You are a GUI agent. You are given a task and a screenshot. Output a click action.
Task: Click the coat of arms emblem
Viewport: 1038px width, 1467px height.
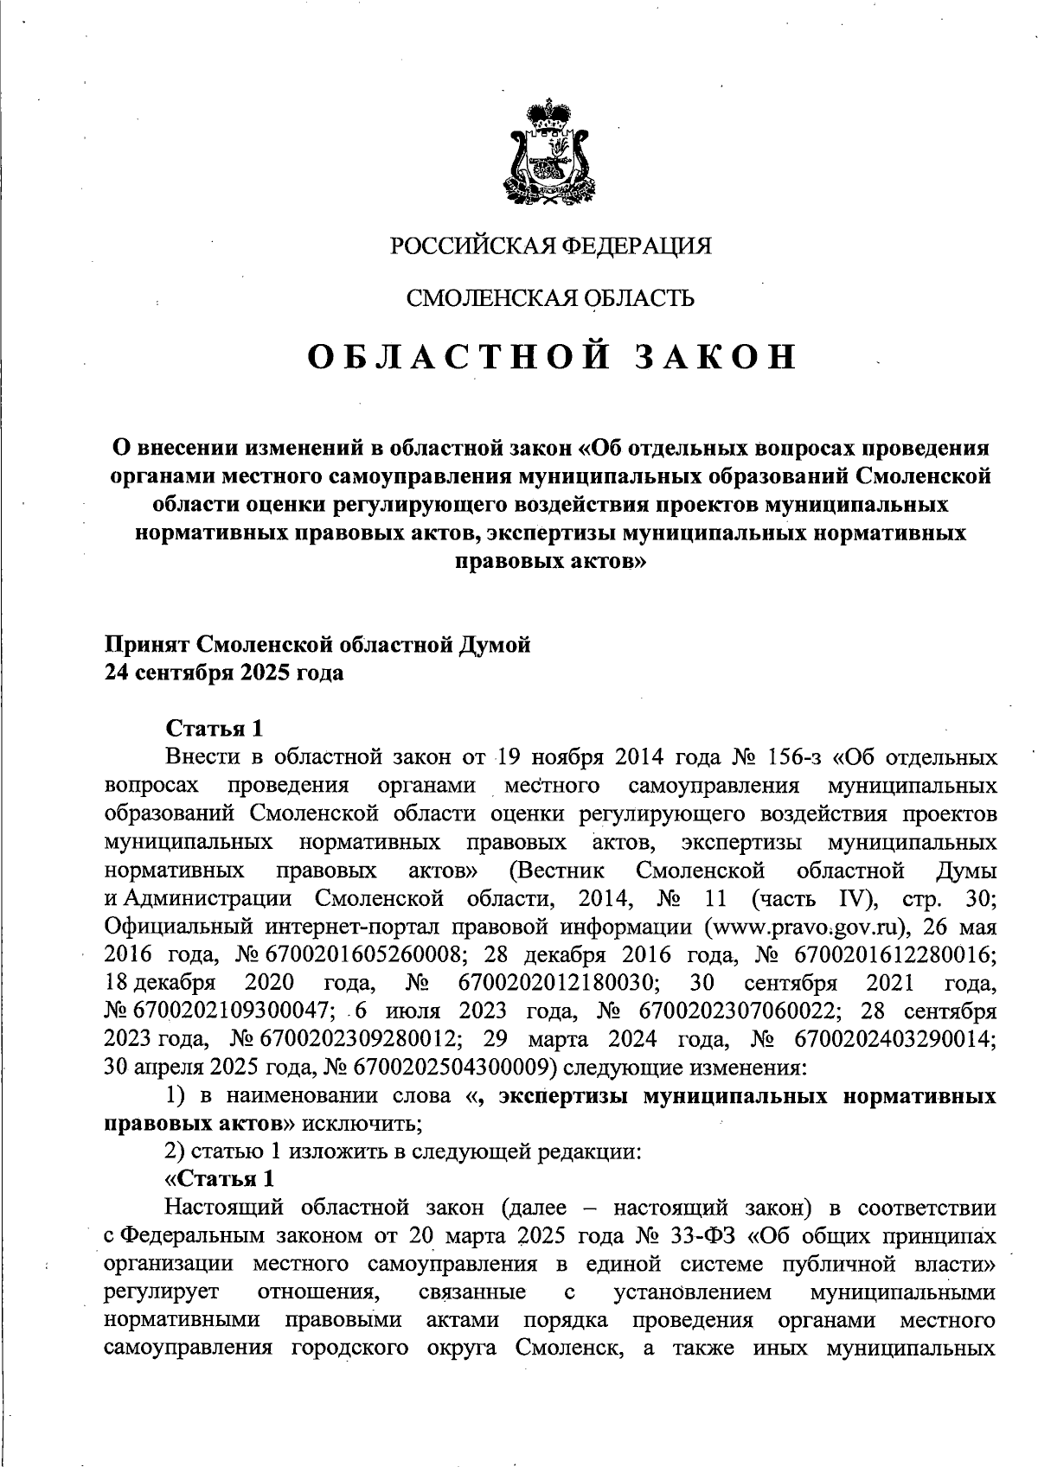[x=545, y=156]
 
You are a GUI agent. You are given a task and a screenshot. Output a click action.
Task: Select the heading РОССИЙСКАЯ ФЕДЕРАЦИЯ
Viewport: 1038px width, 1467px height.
[x=551, y=246]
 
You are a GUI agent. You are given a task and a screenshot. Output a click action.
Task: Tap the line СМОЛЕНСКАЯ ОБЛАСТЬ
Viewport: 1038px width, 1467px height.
[x=551, y=299]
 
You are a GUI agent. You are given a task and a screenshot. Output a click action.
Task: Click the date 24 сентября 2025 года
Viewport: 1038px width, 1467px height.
[x=224, y=673]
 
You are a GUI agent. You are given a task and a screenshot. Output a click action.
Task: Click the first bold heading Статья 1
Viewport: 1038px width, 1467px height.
[x=213, y=728]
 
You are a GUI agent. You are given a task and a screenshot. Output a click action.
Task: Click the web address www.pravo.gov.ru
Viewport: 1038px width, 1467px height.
[x=806, y=927]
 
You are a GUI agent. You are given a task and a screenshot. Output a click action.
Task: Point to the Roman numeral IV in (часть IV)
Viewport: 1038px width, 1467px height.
[x=857, y=899]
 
